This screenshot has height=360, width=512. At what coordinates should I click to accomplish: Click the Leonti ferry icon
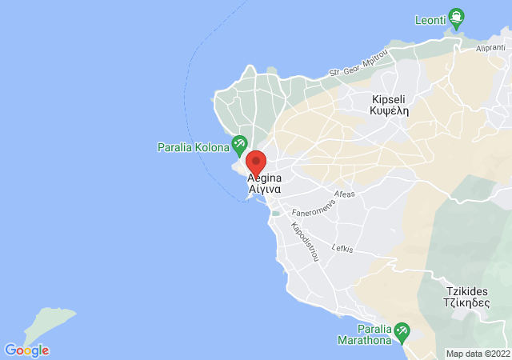tap(456, 15)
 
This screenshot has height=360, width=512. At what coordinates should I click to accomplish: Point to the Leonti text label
tap(431, 19)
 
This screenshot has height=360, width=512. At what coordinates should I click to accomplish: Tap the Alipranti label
tap(490, 47)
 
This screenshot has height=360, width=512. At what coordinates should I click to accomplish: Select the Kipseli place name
tap(390, 99)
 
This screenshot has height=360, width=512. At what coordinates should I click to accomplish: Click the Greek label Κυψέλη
tap(390, 112)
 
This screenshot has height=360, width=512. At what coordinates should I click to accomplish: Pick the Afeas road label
tap(345, 194)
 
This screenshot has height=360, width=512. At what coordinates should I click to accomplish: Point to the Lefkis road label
tap(342, 248)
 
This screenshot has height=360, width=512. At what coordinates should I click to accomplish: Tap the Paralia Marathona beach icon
tap(402, 330)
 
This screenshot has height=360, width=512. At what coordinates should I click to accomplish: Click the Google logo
tap(26, 350)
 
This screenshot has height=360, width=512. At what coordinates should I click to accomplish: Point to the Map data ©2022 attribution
tap(478, 354)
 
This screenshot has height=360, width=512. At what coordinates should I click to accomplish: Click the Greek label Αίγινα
tap(264, 190)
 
